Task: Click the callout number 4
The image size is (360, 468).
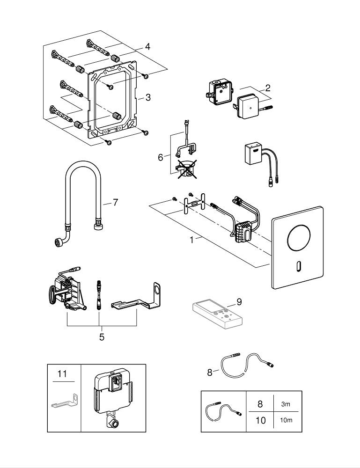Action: (x=147, y=47)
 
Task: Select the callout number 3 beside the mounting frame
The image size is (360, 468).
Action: (x=148, y=97)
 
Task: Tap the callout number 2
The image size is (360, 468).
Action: (x=268, y=88)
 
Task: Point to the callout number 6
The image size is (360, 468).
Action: (x=161, y=157)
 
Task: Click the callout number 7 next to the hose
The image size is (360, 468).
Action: (x=115, y=203)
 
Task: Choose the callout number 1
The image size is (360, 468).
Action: (x=191, y=240)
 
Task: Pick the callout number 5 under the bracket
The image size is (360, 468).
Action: (x=102, y=336)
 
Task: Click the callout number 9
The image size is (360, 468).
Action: (x=239, y=302)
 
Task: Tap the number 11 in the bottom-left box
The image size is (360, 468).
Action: (x=62, y=373)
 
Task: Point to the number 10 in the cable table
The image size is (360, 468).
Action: (x=260, y=420)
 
